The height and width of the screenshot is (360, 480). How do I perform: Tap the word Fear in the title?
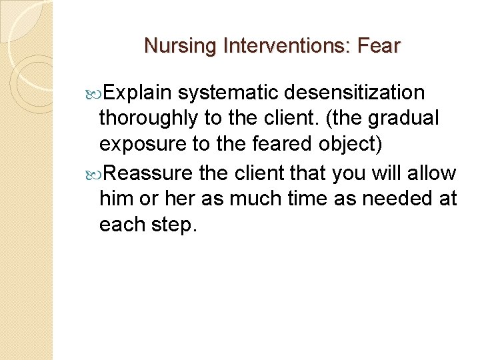[x=378, y=46]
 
